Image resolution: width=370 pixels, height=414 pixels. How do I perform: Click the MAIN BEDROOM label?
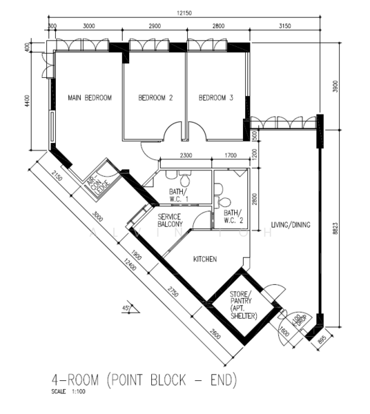pyautogui.click(x=89, y=99)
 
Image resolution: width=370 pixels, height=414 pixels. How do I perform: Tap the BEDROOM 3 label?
pyautogui.click(x=215, y=99)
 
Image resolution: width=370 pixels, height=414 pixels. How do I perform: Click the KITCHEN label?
pyautogui.click(x=205, y=259)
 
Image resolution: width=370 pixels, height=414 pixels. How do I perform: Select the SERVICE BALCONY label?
pyautogui.click(x=170, y=220)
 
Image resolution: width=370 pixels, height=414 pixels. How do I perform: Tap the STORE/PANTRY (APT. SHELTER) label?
pyautogui.click(x=244, y=305)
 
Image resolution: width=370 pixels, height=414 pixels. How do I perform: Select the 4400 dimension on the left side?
pyautogui.click(x=28, y=99)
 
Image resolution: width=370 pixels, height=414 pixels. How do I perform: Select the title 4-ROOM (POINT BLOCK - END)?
pyautogui.click(x=144, y=380)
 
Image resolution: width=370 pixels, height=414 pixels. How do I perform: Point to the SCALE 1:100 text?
pyautogui.click(x=68, y=393)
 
